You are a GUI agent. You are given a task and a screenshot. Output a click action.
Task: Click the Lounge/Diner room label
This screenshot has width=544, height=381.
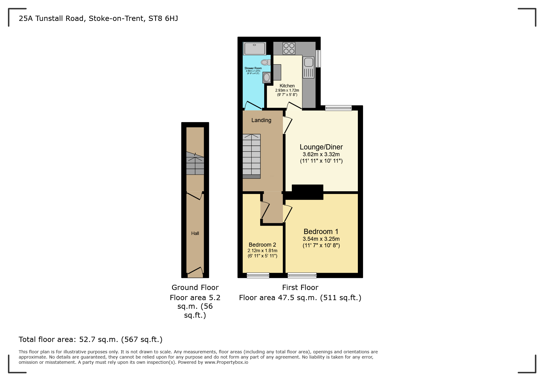321,147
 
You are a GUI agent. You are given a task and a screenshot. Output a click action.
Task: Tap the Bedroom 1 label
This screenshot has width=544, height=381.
321,232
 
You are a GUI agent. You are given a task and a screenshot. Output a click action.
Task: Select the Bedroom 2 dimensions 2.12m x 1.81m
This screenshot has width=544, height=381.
262,251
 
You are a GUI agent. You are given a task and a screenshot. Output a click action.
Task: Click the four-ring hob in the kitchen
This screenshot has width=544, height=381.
289,48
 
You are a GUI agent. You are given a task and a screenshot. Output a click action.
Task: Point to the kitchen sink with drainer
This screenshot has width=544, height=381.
308,67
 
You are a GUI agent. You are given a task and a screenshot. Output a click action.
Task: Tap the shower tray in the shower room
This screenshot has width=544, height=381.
254,49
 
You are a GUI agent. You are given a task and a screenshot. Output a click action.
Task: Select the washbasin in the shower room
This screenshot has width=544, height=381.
267,77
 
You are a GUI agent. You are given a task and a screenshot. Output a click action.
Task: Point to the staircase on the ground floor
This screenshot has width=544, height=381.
195,163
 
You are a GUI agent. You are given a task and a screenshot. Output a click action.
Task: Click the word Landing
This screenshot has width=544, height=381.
261,120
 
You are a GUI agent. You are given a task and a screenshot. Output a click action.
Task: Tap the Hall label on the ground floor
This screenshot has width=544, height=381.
195,233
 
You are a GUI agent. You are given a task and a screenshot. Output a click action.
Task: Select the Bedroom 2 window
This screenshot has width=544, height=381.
258,275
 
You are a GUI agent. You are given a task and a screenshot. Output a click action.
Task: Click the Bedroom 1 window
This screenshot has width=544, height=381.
302,275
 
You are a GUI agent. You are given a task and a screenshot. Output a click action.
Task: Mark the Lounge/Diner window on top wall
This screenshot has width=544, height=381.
338,108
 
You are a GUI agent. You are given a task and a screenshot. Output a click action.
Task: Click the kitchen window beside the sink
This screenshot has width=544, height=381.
318,58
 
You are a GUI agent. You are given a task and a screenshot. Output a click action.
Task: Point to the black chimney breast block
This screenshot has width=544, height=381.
307,192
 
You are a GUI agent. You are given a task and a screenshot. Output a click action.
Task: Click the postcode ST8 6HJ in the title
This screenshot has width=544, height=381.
163,18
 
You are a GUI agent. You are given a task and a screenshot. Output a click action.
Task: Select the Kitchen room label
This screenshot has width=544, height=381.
287,86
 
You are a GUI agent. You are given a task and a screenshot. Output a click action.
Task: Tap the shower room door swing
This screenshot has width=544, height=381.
253,105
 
